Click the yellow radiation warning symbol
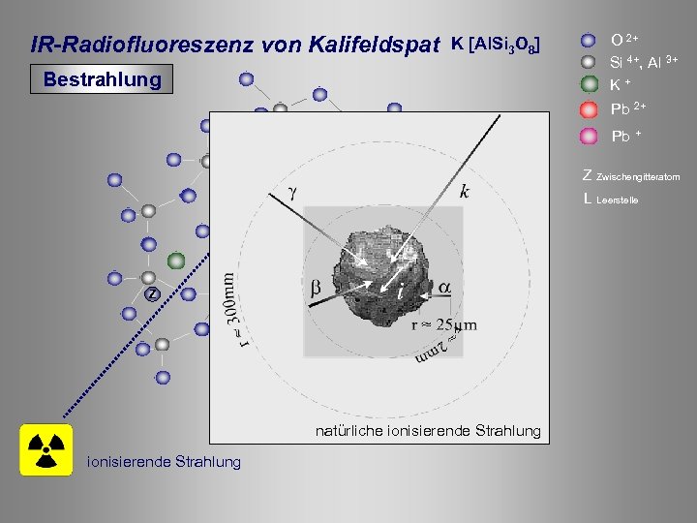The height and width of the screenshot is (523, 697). [45, 449]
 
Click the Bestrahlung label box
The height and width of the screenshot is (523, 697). [102, 79]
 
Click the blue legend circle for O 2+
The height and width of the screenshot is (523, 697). [589, 41]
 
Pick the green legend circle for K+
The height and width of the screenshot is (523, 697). [589, 85]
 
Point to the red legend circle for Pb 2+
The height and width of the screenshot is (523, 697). [589, 109]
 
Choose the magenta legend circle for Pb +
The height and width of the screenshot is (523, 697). [589, 136]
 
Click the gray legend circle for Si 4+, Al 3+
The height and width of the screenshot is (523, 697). [589, 63]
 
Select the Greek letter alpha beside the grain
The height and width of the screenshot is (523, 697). [444, 288]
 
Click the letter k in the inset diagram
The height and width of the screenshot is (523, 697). [466, 191]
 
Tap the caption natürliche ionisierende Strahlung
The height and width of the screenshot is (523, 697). [428, 430]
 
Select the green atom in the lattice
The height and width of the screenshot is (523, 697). [175, 261]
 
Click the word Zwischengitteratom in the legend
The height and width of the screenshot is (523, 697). [639, 177]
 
